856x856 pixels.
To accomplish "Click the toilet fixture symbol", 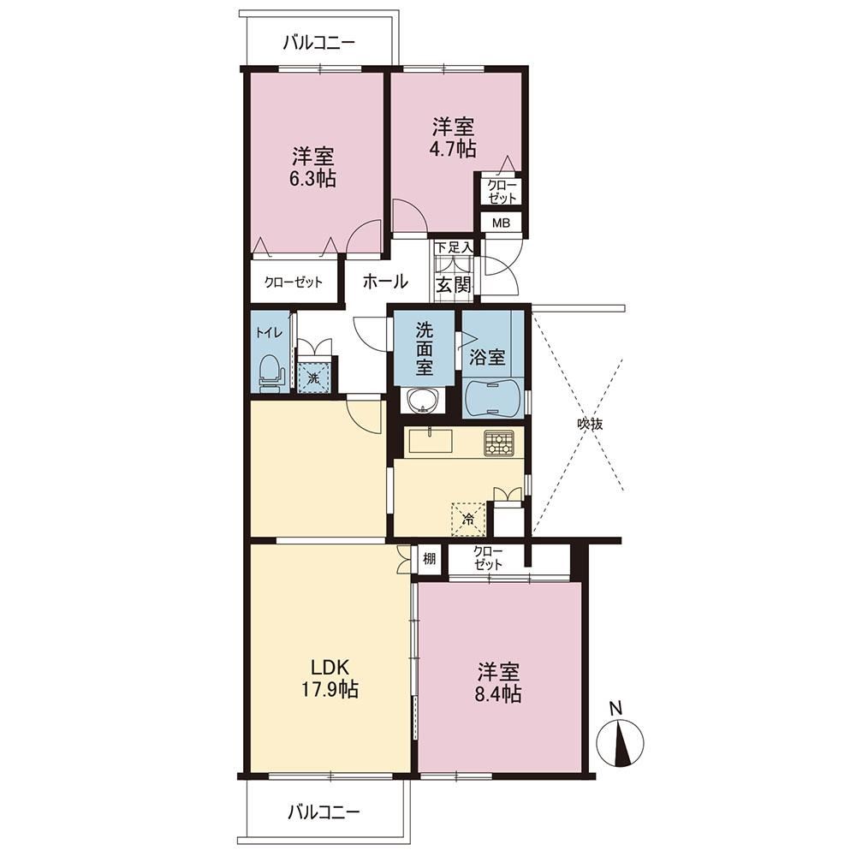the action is (x=271, y=374).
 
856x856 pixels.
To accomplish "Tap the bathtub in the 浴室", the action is (x=493, y=399).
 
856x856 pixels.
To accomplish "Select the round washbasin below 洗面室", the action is (x=423, y=401).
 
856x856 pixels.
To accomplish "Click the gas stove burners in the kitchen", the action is (x=498, y=443).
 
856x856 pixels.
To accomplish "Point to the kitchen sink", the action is (x=431, y=441).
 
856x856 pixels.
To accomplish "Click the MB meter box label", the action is (x=501, y=223).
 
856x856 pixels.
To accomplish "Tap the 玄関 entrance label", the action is (x=453, y=285).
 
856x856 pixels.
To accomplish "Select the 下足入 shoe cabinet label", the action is (x=454, y=247).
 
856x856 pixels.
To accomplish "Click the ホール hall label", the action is (x=385, y=282).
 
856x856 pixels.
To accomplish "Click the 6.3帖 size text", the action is (x=312, y=179).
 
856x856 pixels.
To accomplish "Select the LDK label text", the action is (x=330, y=667).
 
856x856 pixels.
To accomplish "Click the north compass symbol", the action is (x=620, y=741).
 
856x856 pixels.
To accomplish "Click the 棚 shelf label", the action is (x=429, y=558).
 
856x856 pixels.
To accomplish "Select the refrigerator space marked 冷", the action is (x=468, y=518).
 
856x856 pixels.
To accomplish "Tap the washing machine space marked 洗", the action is (x=313, y=376).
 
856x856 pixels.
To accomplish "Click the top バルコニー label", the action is (x=319, y=43).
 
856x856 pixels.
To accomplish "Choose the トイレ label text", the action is (x=269, y=332).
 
